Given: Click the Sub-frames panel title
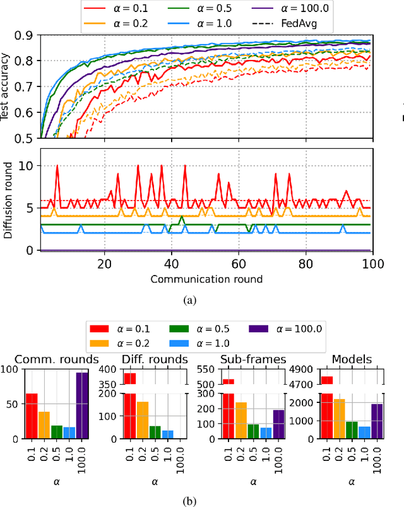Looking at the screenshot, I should (253, 359).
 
